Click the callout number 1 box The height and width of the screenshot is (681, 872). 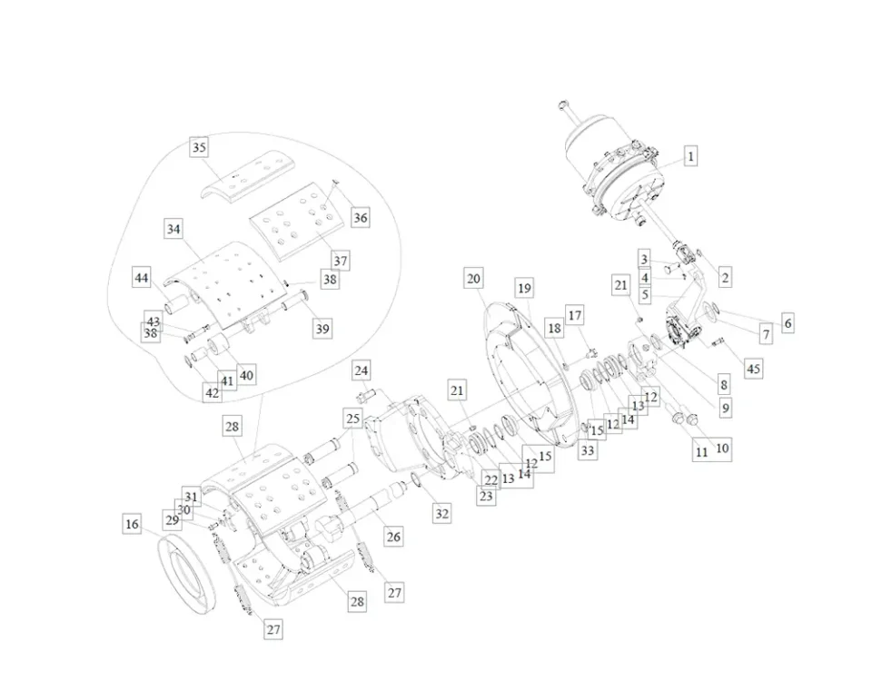(x=690, y=156)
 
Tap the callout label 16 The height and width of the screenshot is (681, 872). (x=133, y=524)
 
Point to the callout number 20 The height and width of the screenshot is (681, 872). (x=473, y=278)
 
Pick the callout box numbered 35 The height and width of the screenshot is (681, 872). (x=199, y=147)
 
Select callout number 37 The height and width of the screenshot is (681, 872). (x=340, y=261)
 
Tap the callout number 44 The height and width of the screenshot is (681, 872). (x=142, y=278)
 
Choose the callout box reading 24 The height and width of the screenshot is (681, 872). (x=362, y=370)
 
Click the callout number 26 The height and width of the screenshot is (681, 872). (x=393, y=537)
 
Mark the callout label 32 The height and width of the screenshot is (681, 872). (x=441, y=513)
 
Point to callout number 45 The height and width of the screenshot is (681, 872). (x=753, y=368)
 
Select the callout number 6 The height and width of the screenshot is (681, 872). (x=788, y=322)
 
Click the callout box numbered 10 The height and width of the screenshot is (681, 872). (x=722, y=448)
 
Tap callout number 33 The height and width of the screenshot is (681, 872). (x=588, y=449)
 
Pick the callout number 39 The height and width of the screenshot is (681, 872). (x=322, y=329)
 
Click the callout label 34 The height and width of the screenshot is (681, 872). (x=173, y=230)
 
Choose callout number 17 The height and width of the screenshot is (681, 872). (x=575, y=315)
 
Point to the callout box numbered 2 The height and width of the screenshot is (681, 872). (x=725, y=278)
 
